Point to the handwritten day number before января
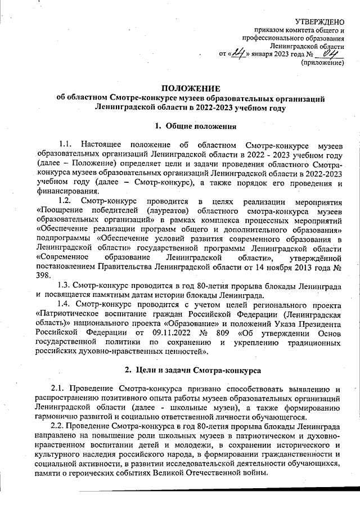[241, 53]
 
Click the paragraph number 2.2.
[58, 426]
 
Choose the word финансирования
[66, 190]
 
